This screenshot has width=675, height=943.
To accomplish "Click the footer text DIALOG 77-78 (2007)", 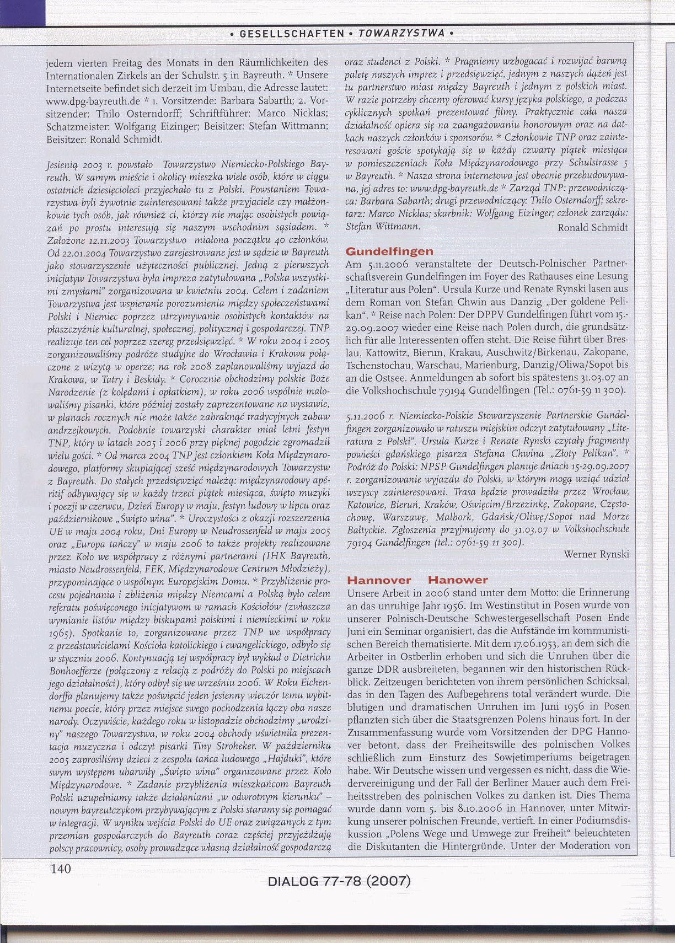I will click(339, 881).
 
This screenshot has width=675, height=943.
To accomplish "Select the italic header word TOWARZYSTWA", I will click(401, 34).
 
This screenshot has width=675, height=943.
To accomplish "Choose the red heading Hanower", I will click(458, 580).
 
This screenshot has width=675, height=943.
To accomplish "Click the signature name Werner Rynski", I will click(596, 554).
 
